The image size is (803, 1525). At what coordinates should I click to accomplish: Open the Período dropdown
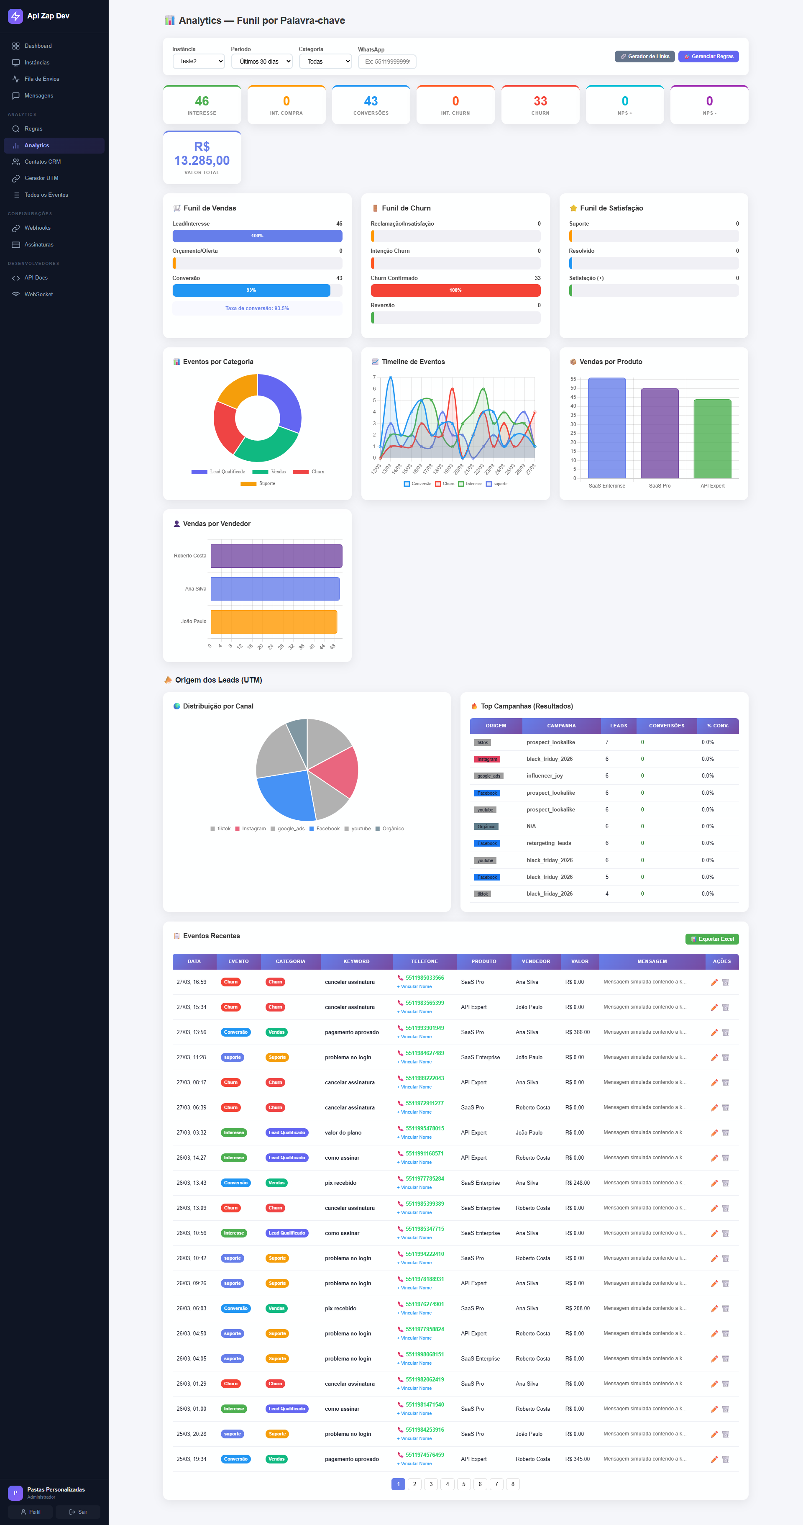tap(261, 62)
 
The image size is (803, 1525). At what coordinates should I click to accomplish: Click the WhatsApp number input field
tap(387, 62)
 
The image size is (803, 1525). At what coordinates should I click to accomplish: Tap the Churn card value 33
tap(540, 101)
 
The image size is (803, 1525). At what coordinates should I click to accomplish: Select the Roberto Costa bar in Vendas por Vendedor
tap(276, 556)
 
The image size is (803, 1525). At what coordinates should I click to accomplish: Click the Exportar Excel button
tap(712, 939)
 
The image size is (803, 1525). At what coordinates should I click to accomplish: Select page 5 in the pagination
tap(463, 1484)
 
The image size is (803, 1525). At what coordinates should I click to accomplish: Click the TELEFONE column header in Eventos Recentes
tap(424, 961)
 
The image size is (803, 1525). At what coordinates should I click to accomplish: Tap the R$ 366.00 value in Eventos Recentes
tap(577, 1032)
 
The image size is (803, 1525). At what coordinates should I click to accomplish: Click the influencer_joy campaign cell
tap(545, 775)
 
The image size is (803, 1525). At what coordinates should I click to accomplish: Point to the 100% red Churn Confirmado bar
tap(455, 290)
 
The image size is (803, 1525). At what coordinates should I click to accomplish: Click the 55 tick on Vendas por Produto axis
tap(573, 379)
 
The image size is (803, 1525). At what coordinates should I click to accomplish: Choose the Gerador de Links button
tap(644, 56)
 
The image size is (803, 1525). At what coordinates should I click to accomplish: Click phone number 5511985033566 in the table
tap(424, 977)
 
